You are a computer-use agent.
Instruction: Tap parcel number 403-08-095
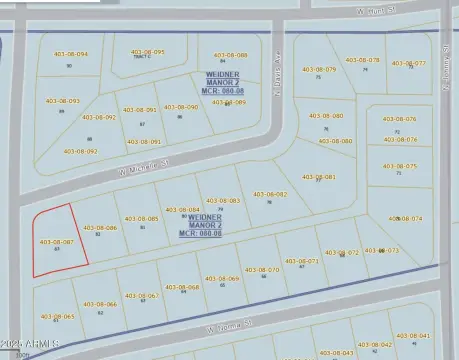coord(146,52)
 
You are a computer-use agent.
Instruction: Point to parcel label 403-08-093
coord(62,101)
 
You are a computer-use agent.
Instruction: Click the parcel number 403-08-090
coord(180,107)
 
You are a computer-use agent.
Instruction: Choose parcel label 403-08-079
coord(317,69)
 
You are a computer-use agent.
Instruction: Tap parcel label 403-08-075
coord(399,166)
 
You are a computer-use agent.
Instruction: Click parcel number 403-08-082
coord(269,194)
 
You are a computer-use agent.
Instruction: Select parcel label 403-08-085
coord(140,218)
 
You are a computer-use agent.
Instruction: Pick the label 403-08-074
coord(404,218)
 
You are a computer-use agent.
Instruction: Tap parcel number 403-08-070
coord(262,269)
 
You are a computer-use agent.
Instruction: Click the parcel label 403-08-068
coord(182,287)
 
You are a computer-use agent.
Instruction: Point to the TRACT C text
coord(145,58)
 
